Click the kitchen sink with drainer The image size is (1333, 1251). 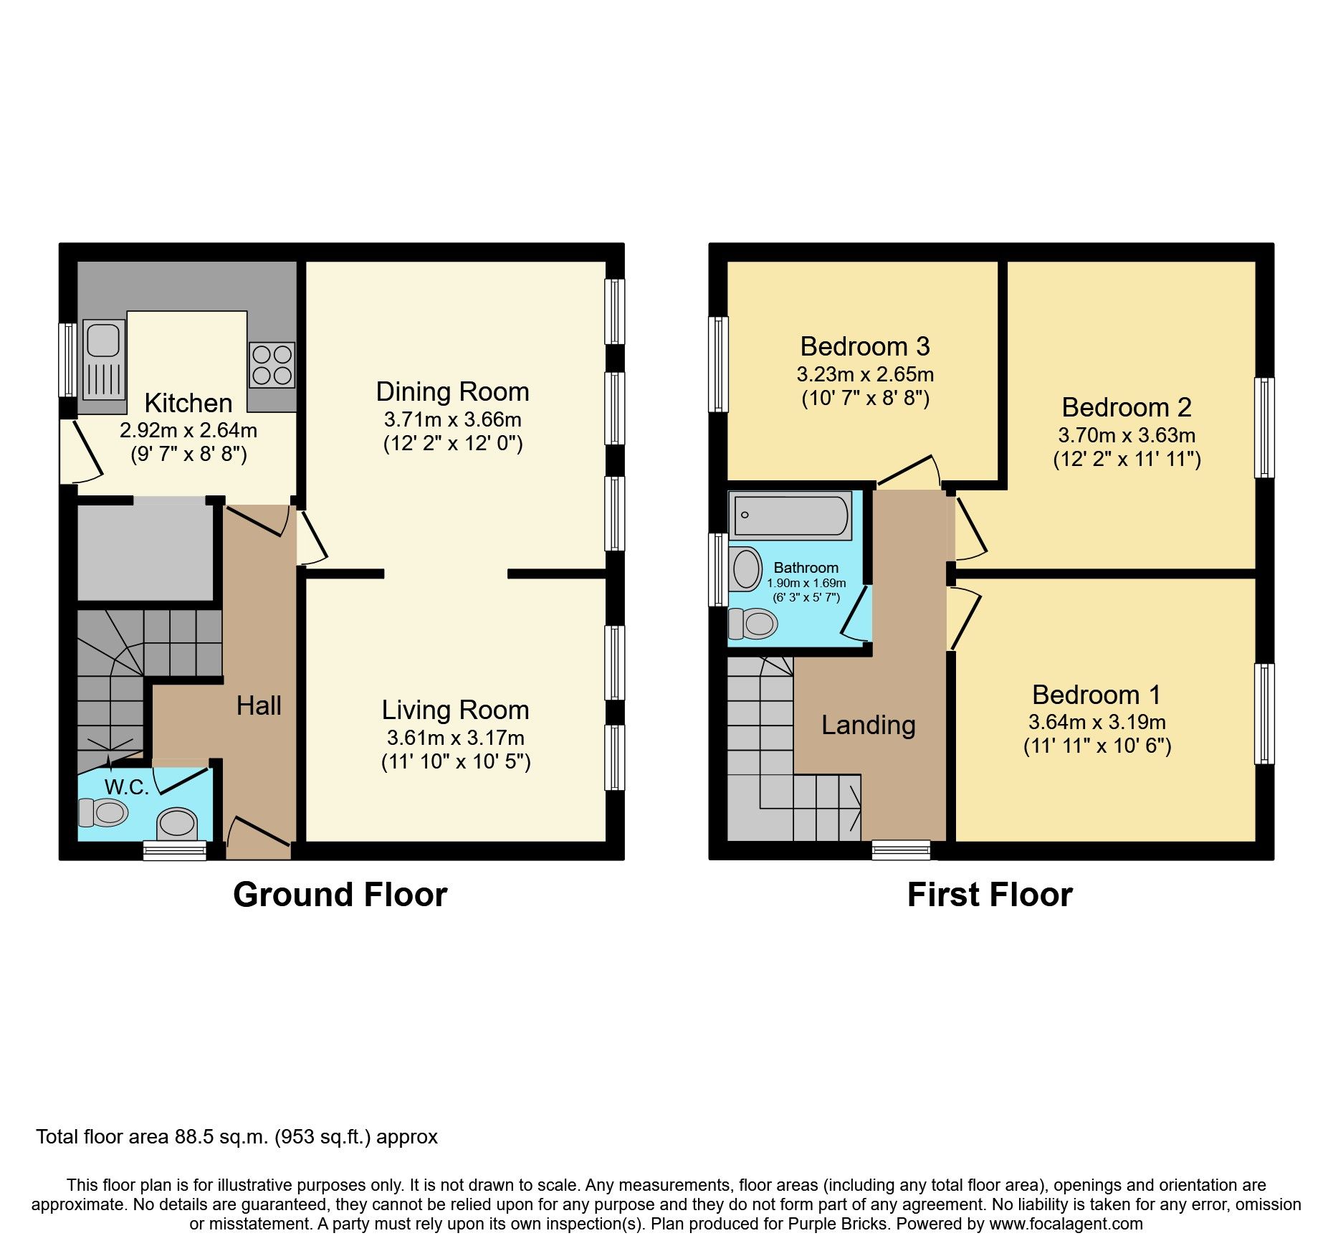(x=104, y=359)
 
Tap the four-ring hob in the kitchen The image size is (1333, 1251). (x=272, y=365)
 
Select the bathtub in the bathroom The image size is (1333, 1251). (x=790, y=515)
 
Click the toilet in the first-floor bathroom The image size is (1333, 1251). (x=752, y=624)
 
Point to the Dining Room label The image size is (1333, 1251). (x=452, y=392)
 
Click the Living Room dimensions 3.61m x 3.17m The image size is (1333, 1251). (x=455, y=738)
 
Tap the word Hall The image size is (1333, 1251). (x=259, y=706)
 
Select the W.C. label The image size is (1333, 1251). (x=127, y=787)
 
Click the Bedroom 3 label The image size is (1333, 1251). (x=864, y=347)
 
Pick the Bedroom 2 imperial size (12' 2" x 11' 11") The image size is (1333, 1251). (x=1126, y=460)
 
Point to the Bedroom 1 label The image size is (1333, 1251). (x=1096, y=695)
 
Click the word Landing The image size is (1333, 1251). (x=868, y=725)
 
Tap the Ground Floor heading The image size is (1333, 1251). (x=340, y=895)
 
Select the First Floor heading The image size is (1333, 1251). (x=989, y=895)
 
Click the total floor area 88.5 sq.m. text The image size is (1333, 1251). (x=236, y=1137)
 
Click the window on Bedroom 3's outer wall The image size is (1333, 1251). (x=718, y=364)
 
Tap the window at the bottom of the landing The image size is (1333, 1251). (x=901, y=850)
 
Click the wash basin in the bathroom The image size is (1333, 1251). (x=747, y=570)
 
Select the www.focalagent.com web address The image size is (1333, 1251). (x=1066, y=1224)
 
